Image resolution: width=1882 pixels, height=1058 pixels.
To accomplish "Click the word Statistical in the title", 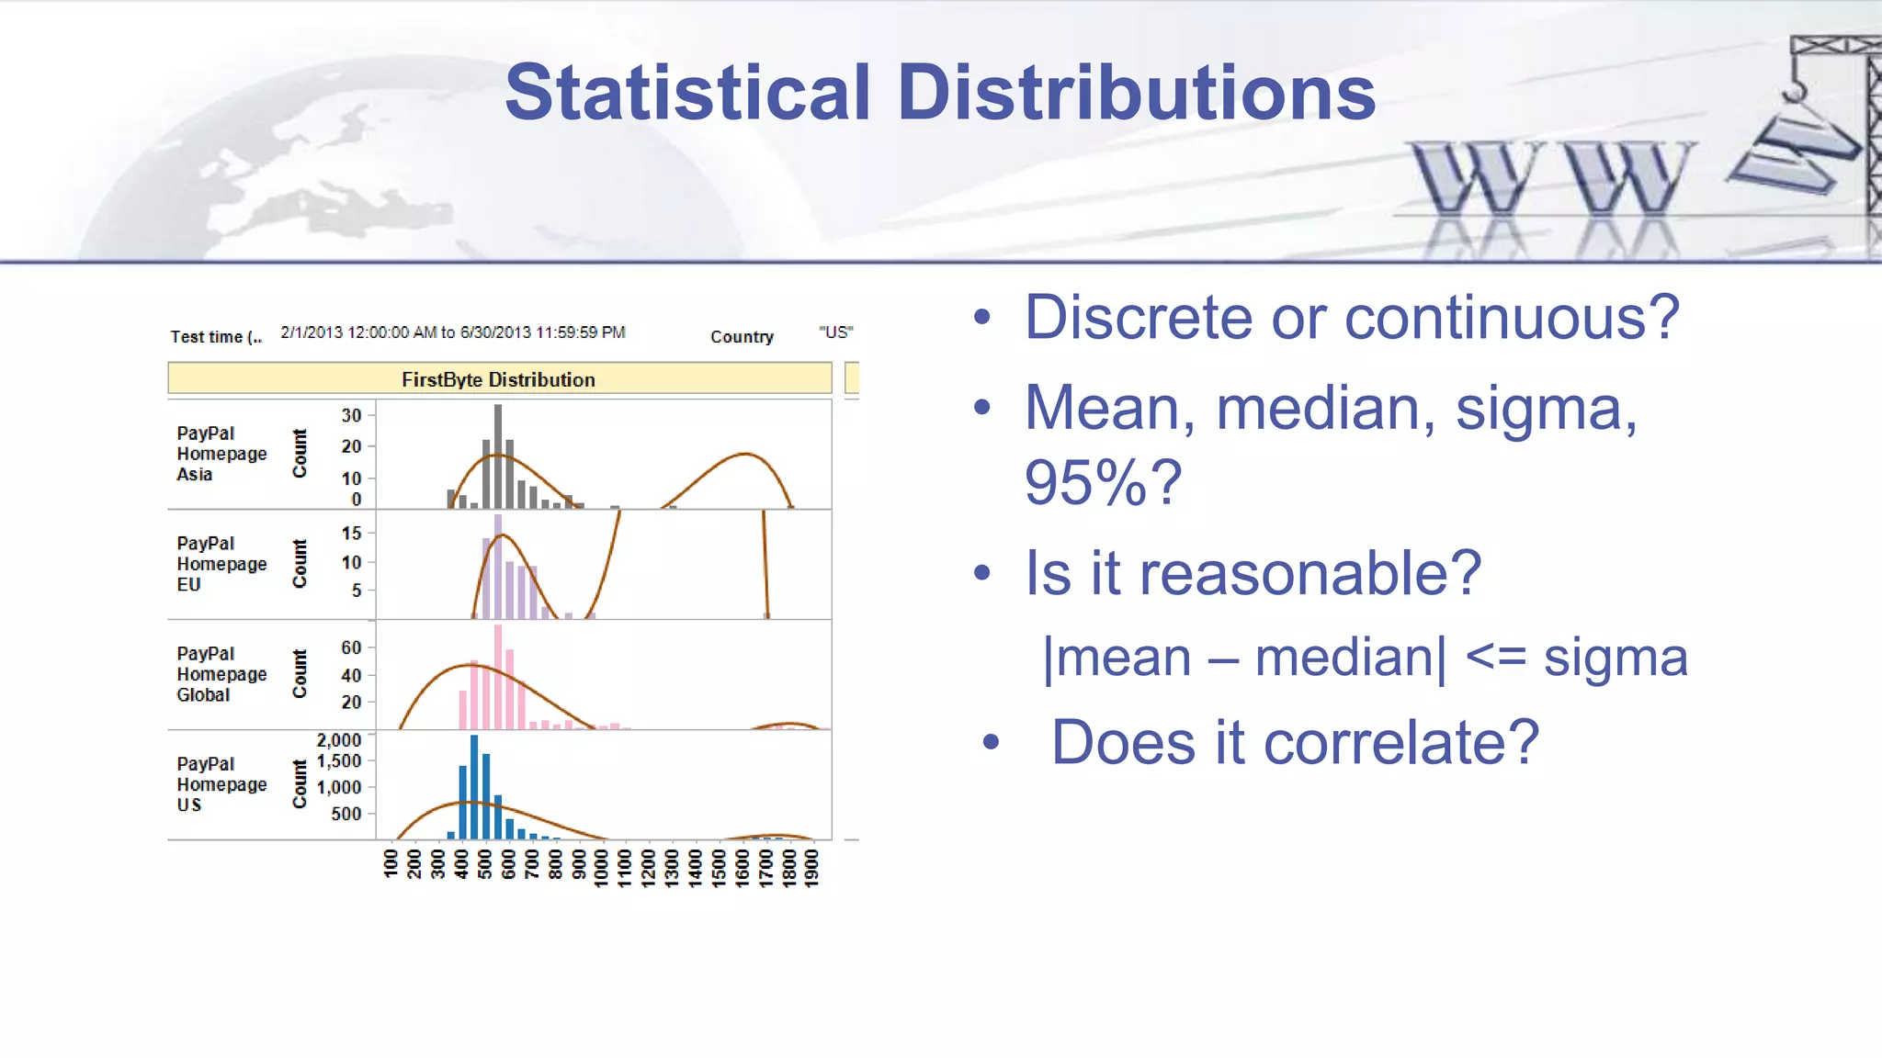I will click(x=687, y=93).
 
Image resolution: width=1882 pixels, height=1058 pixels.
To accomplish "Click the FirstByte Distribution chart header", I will click(x=498, y=379).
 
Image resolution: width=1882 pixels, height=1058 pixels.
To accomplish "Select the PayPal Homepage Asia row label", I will click(x=221, y=454).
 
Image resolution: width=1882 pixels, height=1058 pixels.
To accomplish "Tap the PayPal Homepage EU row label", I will click(x=221, y=564).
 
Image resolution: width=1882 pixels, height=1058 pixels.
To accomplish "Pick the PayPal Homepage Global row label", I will click(x=221, y=674).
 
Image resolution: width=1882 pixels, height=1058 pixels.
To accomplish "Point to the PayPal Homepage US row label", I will click(x=221, y=784).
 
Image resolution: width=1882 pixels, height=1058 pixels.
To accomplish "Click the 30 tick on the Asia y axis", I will click(x=351, y=415).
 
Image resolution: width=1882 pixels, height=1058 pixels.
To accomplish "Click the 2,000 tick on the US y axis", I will click(x=339, y=740).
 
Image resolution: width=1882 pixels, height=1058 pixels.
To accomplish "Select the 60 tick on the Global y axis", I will click(x=351, y=647).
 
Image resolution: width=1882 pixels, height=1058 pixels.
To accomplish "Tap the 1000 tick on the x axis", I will click(x=601, y=867).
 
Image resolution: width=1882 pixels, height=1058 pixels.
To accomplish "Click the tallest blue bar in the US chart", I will click(x=474, y=785).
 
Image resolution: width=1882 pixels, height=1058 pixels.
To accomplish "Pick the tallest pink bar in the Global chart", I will click(x=498, y=678).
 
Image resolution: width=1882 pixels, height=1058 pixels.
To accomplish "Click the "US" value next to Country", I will click(x=835, y=332).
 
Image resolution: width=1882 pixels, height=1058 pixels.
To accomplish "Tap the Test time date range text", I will click(x=452, y=332).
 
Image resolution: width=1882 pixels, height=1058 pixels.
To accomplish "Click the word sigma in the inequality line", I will click(x=1615, y=658).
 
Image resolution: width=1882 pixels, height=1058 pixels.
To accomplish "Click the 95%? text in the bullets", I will click(x=1102, y=483).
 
